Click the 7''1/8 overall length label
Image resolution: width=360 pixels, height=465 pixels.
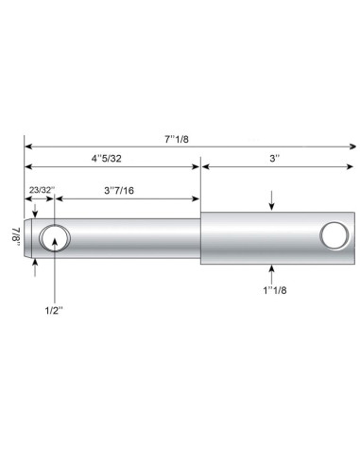[x=178, y=139]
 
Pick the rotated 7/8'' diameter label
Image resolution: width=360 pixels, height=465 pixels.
[x=15, y=233]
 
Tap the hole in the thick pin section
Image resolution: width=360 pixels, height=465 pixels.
[x=332, y=234]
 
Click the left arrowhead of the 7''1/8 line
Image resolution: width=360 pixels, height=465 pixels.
[x=28, y=146]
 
